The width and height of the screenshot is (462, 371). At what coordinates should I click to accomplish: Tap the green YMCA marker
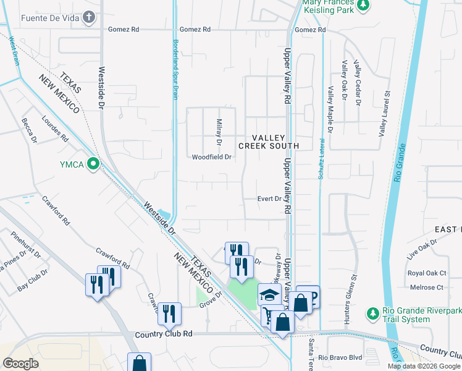93,164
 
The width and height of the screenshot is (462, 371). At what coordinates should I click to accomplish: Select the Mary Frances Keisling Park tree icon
364,5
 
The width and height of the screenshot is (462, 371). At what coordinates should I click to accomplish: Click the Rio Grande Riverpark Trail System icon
372,313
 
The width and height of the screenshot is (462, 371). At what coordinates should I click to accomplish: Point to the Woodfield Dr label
211,157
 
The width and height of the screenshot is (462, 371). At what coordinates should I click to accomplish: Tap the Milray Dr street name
218,132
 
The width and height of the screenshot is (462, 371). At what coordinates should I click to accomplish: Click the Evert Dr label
270,199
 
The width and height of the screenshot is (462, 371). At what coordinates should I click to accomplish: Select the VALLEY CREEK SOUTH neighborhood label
269,142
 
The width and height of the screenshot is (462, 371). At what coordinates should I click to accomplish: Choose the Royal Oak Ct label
426,273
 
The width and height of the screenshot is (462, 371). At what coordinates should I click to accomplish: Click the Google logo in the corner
21,364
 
